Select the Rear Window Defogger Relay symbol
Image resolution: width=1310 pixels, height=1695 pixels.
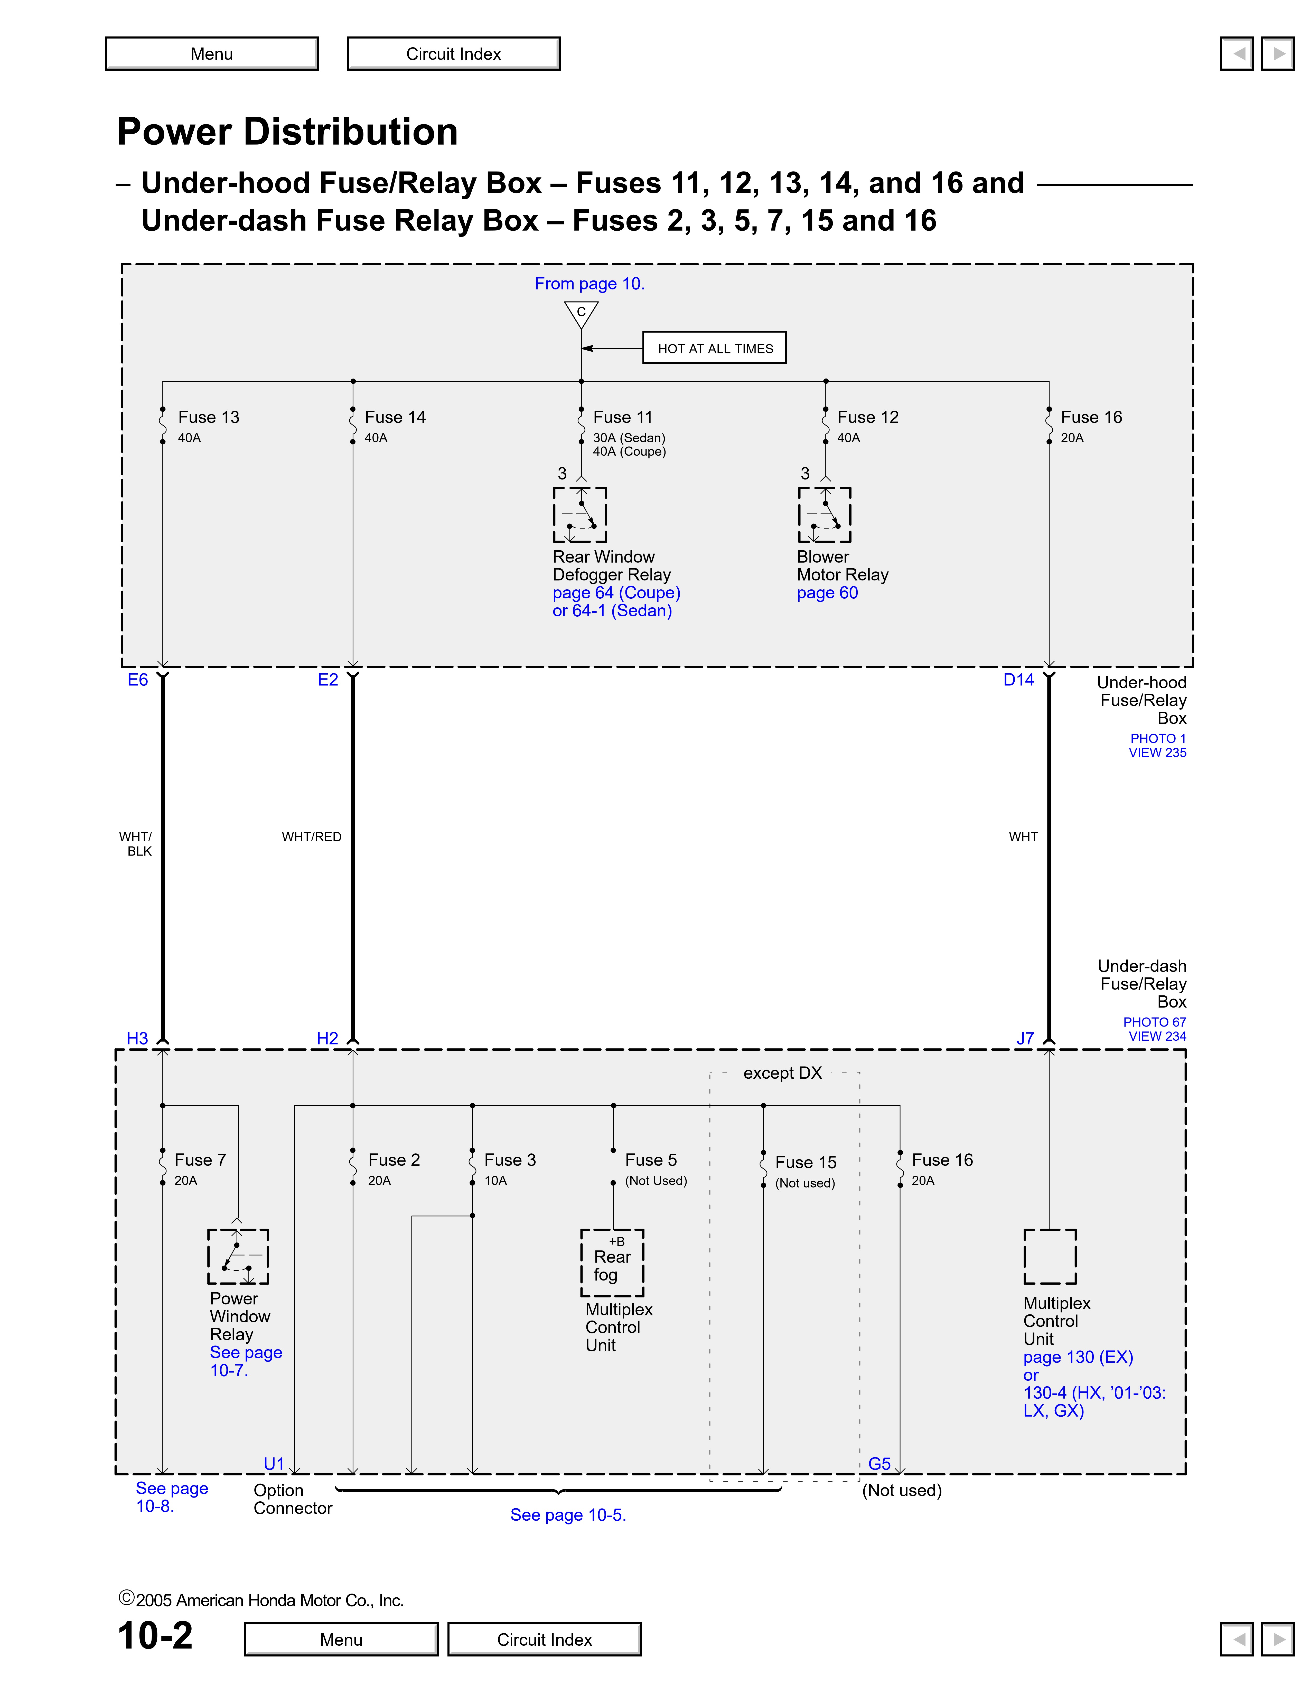coord(580,515)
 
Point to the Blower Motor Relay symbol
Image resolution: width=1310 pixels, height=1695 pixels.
coord(824,515)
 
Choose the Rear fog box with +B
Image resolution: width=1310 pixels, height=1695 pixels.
coord(612,1263)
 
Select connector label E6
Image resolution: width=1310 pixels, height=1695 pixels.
coord(137,680)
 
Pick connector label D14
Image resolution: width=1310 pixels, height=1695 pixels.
coord(1018,680)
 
